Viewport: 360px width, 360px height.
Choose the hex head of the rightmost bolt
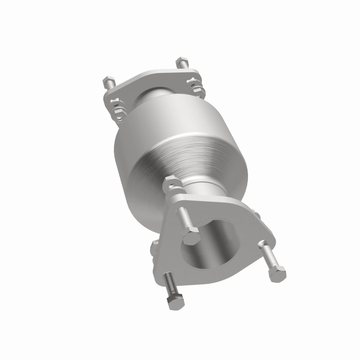pos(277,273)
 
